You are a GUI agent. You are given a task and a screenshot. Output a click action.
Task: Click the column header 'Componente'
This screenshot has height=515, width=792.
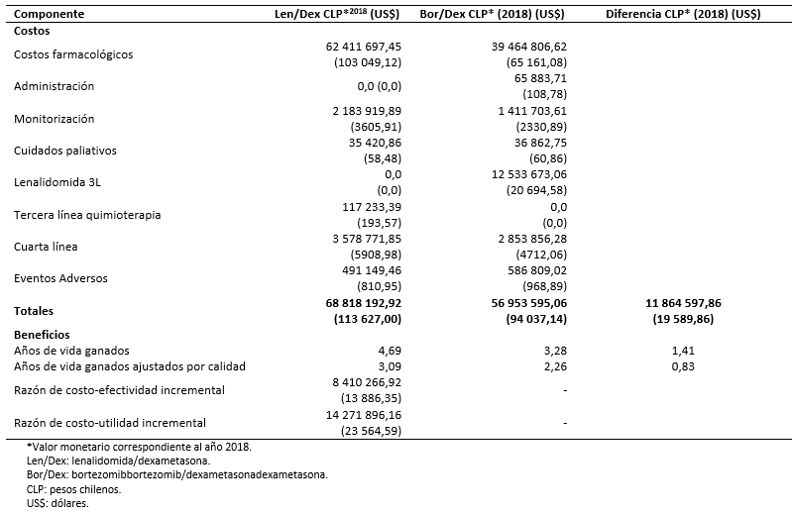click(x=49, y=14)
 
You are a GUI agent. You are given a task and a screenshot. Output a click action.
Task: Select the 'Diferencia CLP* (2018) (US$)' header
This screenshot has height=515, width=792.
click(x=683, y=14)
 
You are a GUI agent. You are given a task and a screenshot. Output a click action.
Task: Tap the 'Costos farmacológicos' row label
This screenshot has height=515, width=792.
click(x=73, y=54)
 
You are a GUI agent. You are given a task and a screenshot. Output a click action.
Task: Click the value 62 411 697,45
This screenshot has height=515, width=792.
click(x=364, y=47)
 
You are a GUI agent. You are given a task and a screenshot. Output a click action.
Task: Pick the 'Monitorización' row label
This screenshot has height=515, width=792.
click(x=55, y=119)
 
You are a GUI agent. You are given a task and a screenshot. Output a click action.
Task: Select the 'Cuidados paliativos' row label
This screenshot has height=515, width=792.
click(x=65, y=151)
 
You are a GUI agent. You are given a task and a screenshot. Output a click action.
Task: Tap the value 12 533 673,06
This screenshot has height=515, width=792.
click(x=529, y=174)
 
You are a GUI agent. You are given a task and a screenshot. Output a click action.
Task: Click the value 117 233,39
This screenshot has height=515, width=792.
click(x=372, y=207)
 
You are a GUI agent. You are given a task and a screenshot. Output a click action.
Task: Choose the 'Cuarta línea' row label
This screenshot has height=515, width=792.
click(x=46, y=247)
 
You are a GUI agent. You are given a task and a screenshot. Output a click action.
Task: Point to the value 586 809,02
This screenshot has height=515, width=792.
click(x=537, y=270)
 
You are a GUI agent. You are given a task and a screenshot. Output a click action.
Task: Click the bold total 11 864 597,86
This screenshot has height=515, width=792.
click(x=683, y=303)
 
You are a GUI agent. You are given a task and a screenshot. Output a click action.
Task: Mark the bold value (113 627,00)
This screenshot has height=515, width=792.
click(x=368, y=319)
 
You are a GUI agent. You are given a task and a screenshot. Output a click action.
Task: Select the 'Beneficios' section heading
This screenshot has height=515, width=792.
click(x=42, y=335)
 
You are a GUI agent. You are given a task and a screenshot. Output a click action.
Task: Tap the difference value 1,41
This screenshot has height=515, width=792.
click(x=683, y=351)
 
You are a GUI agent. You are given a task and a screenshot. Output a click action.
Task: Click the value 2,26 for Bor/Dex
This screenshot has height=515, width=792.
click(x=556, y=366)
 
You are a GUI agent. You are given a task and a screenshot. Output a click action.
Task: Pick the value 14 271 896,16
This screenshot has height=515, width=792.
click(x=364, y=415)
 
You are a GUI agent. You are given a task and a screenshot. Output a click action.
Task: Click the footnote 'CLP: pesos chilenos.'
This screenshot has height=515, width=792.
click(x=73, y=489)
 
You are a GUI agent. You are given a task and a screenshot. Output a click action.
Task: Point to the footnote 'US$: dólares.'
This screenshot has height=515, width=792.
click(x=57, y=503)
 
